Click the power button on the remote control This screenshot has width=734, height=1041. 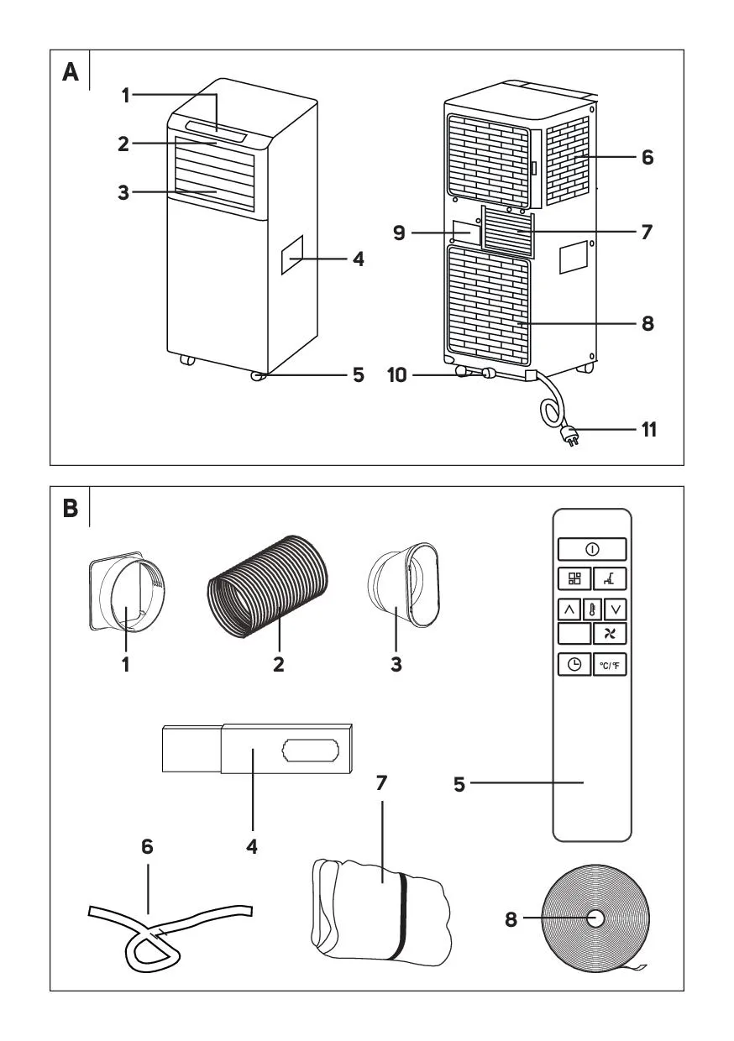tap(592, 549)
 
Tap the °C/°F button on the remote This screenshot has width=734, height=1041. tap(611, 664)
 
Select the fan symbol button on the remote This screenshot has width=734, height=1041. tap(611, 634)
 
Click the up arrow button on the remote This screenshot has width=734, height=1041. tap(569, 609)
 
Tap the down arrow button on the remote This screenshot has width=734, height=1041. tap(616, 609)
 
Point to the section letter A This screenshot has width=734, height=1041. tap(71, 73)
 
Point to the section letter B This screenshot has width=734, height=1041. tap(71, 510)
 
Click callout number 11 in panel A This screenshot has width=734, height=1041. tap(647, 431)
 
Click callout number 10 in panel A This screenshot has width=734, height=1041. tap(399, 374)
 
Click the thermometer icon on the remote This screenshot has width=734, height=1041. tap(593, 609)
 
